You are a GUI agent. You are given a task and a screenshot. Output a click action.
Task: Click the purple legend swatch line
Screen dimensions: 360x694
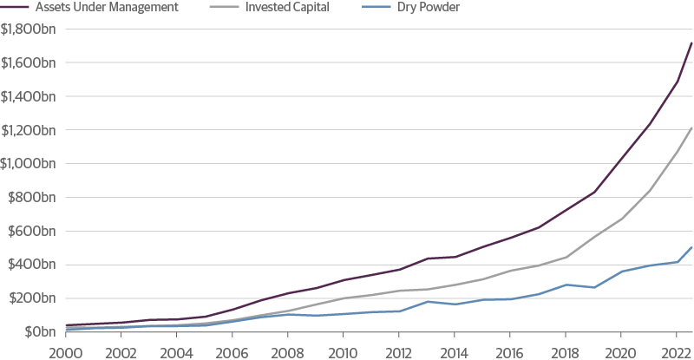(x=16, y=7)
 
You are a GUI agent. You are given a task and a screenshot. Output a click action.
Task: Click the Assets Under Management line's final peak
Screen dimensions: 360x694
(x=691, y=43)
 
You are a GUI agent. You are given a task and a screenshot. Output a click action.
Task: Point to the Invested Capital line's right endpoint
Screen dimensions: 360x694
(x=691, y=128)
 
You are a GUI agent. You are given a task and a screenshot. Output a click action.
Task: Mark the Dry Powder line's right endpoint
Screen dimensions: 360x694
(x=691, y=248)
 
